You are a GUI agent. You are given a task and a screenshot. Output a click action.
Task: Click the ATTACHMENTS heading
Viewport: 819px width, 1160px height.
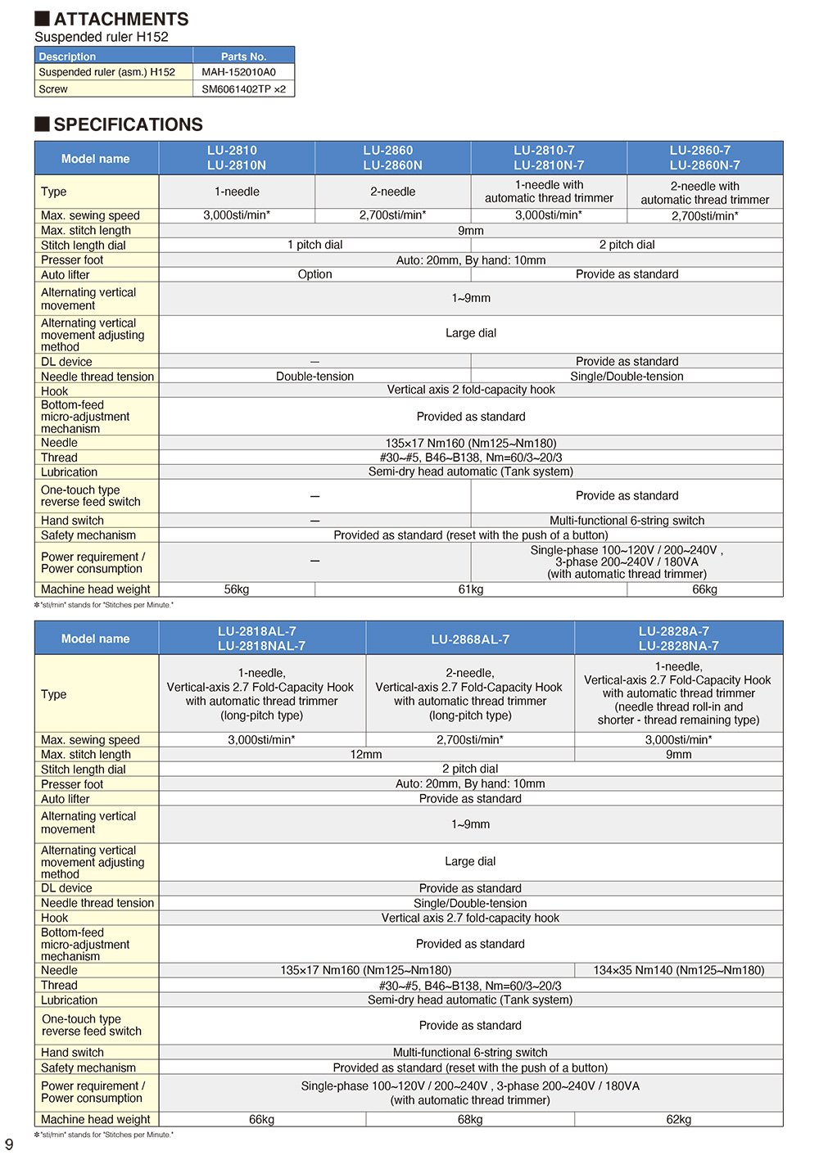pos(120,19)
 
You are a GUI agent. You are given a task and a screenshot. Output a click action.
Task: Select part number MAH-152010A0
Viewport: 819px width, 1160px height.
pos(238,72)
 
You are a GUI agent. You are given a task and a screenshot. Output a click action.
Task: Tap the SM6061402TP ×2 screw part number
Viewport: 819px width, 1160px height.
pos(243,89)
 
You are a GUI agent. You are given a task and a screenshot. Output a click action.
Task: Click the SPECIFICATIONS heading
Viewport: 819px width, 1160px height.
pos(128,124)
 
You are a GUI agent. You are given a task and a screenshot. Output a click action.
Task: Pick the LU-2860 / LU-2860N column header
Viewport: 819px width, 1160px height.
pos(393,158)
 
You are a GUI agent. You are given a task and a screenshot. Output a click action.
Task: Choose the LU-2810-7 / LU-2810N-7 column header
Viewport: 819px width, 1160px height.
pos(549,158)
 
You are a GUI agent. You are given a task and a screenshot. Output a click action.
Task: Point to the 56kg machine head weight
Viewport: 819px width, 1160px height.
pos(237,589)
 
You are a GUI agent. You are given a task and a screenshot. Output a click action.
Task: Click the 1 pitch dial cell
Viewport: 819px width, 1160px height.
pos(314,245)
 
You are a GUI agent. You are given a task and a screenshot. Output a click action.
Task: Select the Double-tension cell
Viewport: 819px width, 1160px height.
pos(314,377)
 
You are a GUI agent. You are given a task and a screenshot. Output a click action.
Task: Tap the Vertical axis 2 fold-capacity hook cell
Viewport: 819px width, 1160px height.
pos(471,390)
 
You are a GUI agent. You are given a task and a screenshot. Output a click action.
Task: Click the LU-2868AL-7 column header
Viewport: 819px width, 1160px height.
pos(470,639)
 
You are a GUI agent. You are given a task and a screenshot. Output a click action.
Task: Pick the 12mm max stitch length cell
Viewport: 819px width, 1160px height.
pos(366,754)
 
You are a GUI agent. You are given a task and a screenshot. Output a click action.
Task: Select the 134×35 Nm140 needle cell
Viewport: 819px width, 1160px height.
pos(679,970)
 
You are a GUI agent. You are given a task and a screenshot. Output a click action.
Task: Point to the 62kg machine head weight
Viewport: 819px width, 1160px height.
pos(679,1119)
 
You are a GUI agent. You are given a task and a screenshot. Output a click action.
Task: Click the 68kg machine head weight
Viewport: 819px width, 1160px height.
pos(470,1119)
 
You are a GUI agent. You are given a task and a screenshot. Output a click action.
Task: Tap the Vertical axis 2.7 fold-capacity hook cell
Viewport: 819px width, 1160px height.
pos(470,918)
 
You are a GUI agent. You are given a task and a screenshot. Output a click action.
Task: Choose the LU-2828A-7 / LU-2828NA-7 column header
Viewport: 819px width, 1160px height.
pos(679,639)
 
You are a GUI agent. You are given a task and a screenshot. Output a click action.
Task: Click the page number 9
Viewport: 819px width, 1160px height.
pos(9,1144)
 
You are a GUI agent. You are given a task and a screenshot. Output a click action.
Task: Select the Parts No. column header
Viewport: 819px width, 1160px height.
pos(243,56)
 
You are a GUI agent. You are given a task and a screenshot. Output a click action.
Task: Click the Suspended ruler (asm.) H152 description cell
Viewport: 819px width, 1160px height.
pos(107,72)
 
